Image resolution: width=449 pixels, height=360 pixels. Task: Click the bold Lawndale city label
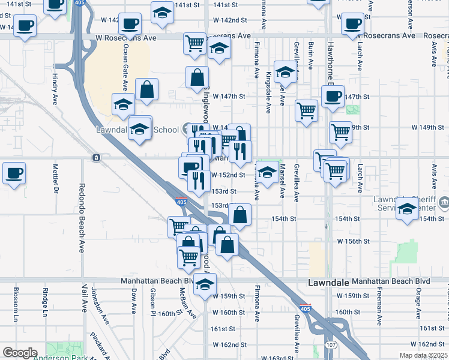328,282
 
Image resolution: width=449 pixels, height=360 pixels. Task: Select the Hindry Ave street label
55,87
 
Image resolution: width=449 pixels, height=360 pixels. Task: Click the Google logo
20,353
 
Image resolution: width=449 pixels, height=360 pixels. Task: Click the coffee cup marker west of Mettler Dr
14,173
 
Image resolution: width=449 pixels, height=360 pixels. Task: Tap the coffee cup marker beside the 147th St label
332,95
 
